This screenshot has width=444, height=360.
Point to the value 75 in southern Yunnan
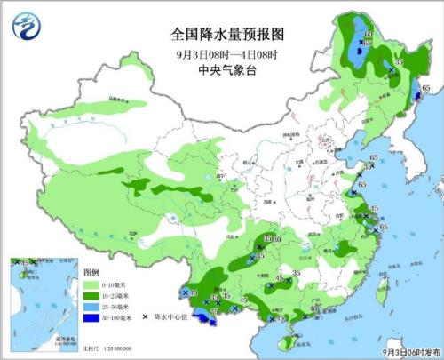[214, 311]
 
